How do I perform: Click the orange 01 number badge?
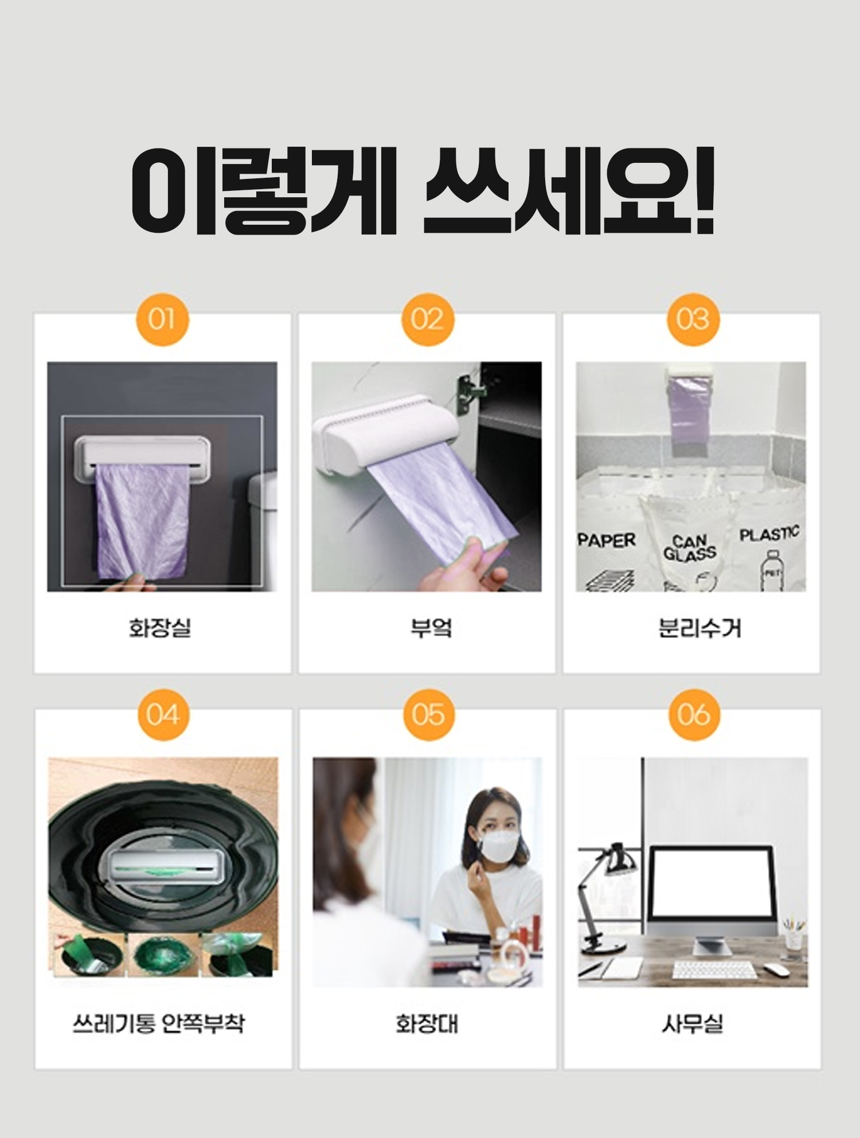point(162,319)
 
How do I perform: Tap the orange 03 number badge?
point(693,319)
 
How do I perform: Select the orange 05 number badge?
point(428,715)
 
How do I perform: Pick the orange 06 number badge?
point(694,715)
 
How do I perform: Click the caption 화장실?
point(160,628)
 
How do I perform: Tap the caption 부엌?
point(431,628)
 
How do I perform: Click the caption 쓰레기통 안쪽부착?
point(159,1023)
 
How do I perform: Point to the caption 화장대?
point(427,1024)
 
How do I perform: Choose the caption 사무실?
point(693,1024)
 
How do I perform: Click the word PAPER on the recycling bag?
point(607,540)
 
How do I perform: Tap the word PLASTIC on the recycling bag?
point(769,534)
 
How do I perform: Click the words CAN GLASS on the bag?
point(690,548)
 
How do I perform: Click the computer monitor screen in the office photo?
point(712,883)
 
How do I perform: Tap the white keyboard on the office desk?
point(714,970)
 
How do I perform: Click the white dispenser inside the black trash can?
point(166,866)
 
